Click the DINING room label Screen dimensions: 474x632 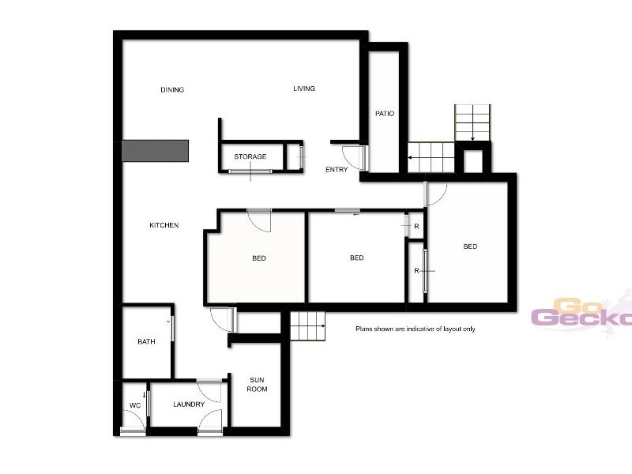pos(172,90)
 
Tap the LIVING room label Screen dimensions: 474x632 pos(304,88)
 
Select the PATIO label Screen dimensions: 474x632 pos(385,114)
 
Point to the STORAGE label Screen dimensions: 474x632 pos(250,156)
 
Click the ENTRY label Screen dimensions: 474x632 pos(337,170)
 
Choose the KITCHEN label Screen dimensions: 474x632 pos(164,225)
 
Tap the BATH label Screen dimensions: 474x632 pos(146,342)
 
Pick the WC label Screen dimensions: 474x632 pos(134,405)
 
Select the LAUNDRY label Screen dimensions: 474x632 pos(189,404)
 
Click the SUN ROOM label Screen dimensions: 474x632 pos(258,384)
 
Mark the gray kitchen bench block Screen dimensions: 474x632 pos(155,151)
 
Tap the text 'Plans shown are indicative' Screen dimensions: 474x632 pos(415,329)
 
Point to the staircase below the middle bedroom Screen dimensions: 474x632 pos(308,325)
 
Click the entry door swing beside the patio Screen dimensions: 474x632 pos(355,157)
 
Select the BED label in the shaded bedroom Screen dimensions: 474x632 pos(259,258)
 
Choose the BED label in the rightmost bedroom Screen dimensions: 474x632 pos(470,246)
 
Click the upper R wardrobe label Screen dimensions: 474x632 pos(416,227)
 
